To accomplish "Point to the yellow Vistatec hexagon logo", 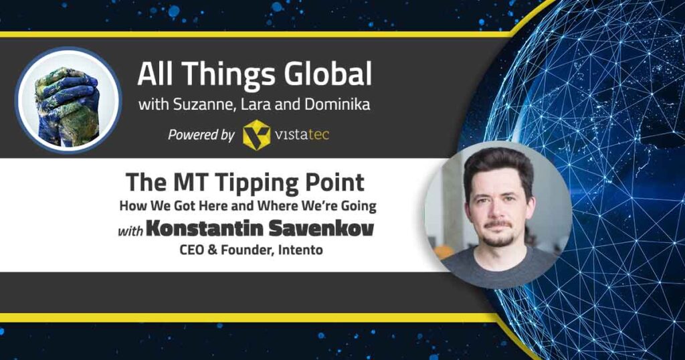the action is click(256, 135).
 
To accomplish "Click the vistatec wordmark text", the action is click(302, 134).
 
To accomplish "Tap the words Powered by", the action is click(201, 135).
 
